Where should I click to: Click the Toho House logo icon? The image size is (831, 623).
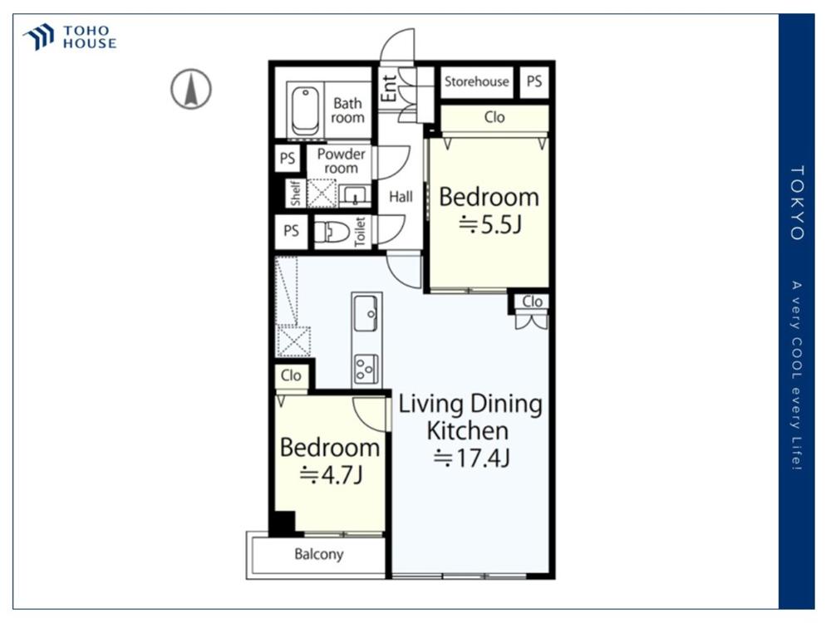point(38,37)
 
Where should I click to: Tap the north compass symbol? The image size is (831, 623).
point(191,89)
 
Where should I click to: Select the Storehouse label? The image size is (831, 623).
point(476,81)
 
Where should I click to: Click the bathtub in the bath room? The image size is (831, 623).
point(305,112)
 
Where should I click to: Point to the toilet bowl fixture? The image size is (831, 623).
point(332,232)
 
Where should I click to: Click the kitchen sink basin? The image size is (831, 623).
point(366,314)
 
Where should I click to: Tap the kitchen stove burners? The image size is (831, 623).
point(366,368)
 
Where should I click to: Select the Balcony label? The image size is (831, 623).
point(319,554)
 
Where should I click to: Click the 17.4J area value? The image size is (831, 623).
point(472,459)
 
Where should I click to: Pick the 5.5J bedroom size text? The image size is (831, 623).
point(490,224)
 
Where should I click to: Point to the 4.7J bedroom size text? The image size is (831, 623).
point(332,475)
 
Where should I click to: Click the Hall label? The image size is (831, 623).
point(401,197)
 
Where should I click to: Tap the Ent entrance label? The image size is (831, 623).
point(390,88)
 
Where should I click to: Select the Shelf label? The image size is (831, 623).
point(296,193)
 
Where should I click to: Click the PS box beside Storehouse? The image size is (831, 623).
point(534,81)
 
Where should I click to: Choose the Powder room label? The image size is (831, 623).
point(342,161)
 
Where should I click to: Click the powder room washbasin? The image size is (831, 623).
point(354,195)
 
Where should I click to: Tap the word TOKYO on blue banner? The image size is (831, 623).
point(797,203)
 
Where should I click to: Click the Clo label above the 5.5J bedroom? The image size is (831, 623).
point(494,117)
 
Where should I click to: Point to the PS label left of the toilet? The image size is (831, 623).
point(291,231)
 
